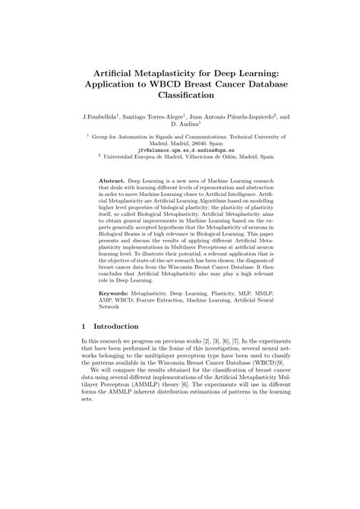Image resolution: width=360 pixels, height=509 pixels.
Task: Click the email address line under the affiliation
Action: point(180,151)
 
